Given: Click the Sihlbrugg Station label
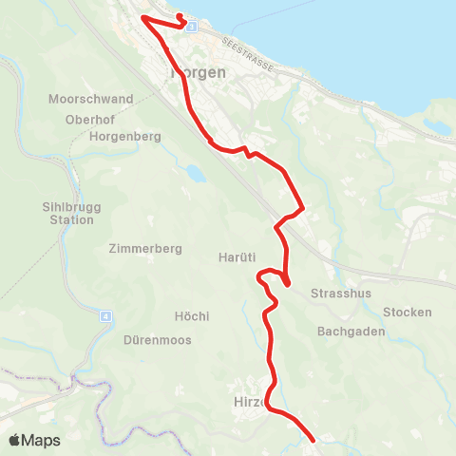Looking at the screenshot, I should (69, 213).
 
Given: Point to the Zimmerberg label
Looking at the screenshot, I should (145, 248).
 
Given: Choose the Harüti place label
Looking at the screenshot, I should (235, 258).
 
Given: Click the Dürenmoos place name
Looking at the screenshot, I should (157, 339).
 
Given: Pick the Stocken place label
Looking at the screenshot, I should (408, 313).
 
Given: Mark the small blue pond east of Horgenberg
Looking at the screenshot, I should (195, 174).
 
